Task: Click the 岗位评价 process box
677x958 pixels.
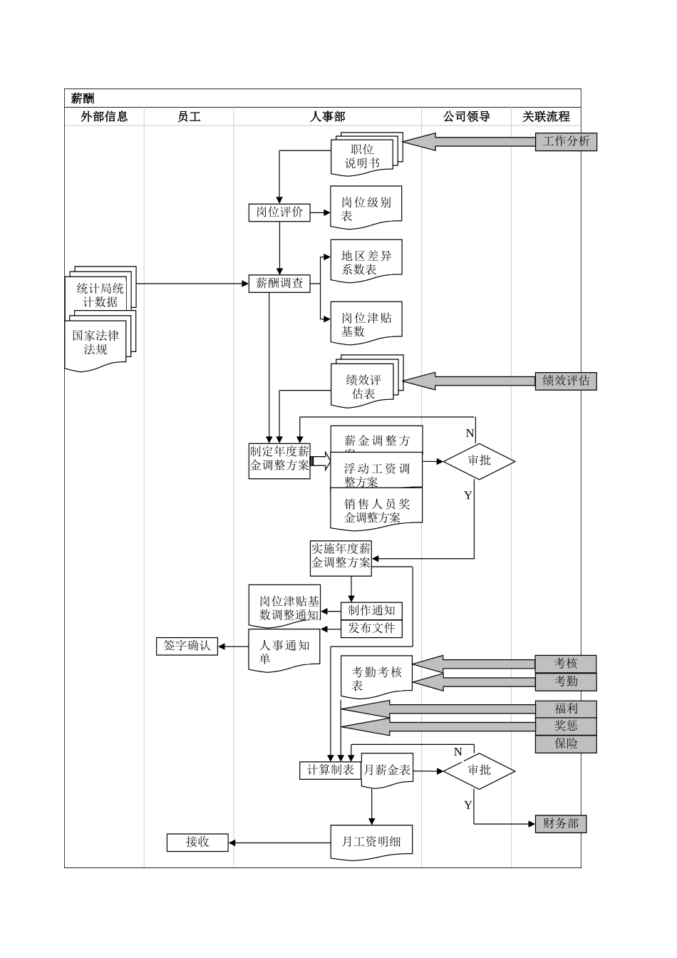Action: (x=279, y=212)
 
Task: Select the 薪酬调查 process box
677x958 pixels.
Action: (x=279, y=283)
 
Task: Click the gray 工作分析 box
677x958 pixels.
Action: (x=566, y=141)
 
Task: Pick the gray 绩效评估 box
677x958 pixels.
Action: (x=566, y=381)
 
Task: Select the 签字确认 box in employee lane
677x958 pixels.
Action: (x=187, y=646)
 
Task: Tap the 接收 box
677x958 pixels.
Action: (x=197, y=842)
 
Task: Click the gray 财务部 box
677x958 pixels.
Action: (x=560, y=824)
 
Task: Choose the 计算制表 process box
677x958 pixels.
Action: (x=330, y=770)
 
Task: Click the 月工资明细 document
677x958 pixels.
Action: (x=371, y=842)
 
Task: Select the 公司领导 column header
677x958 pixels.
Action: (x=466, y=117)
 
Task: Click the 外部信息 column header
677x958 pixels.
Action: (x=104, y=117)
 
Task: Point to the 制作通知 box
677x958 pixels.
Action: (x=371, y=611)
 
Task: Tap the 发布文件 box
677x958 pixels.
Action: (x=371, y=629)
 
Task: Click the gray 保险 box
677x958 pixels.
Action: (x=566, y=743)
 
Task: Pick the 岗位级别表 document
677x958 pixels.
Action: (x=366, y=208)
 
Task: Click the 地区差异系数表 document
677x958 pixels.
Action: (x=366, y=262)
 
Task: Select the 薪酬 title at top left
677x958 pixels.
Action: (x=83, y=98)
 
